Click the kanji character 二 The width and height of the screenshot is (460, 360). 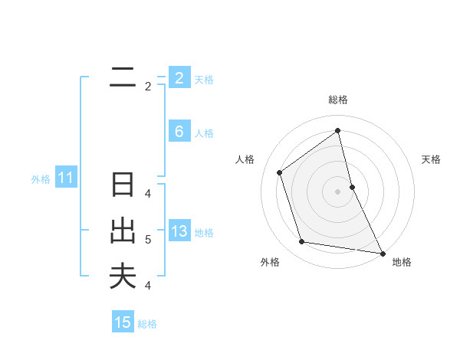point(123,77)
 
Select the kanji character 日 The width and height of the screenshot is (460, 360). point(123,185)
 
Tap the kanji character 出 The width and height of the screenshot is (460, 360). point(123,231)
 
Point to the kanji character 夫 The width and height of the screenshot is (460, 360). point(123,276)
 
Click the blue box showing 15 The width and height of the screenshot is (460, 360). point(123,322)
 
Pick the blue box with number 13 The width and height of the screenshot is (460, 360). point(179,231)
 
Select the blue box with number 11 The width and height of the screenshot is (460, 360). point(65,178)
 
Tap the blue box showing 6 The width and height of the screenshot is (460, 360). point(179,132)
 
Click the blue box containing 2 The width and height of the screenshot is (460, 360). point(179,77)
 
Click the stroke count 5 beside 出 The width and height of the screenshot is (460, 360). point(148,240)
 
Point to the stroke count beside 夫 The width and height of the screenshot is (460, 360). point(148,286)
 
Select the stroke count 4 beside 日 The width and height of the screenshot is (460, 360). point(148,194)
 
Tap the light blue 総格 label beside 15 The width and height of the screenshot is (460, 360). point(147,324)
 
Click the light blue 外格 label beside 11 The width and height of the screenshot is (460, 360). point(41,179)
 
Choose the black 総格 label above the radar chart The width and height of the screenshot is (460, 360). point(338,100)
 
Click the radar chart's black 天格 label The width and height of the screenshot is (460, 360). point(431,159)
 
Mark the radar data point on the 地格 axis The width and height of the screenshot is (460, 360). point(383,253)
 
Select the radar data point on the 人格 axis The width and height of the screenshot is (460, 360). point(279,172)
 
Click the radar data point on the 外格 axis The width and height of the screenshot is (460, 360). point(302,242)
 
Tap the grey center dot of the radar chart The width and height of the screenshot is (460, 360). point(338,191)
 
